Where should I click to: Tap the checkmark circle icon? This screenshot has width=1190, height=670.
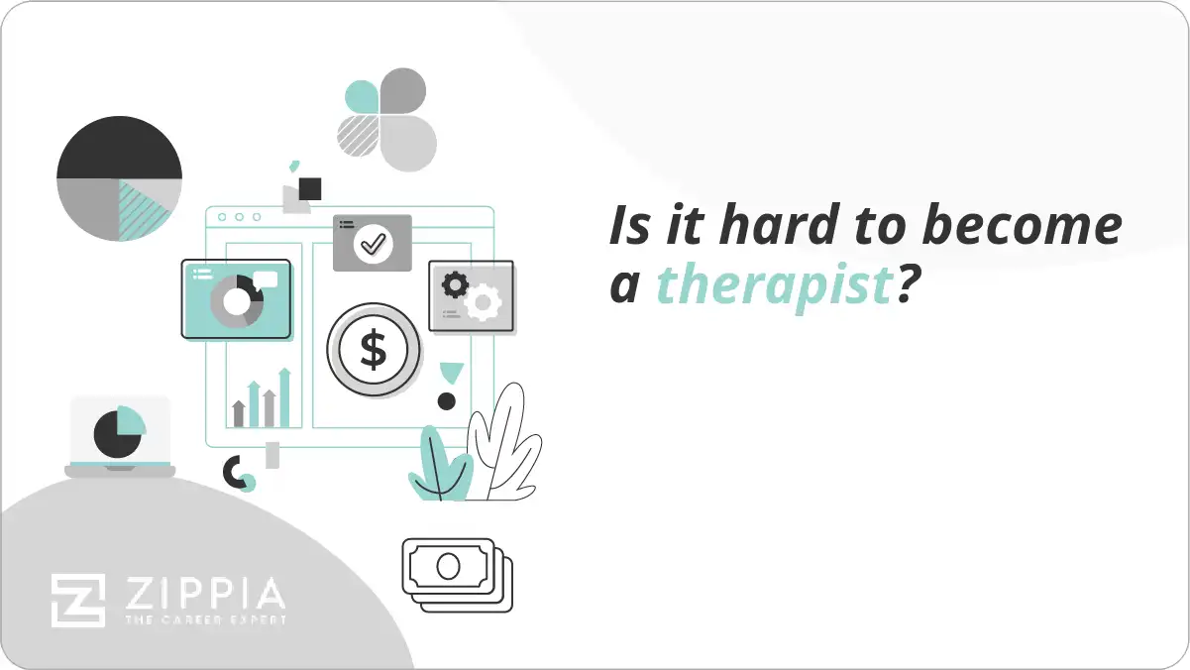tap(373, 243)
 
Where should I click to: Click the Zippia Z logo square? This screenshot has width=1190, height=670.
tap(77, 601)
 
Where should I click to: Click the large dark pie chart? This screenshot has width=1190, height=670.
tap(119, 178)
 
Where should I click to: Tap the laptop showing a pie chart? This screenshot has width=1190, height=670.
tap(120, 437)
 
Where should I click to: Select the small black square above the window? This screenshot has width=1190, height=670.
tap(310, 188)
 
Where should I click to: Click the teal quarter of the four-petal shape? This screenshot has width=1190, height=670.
tap(362, 97)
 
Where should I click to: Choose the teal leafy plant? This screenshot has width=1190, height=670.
tap(440, 466)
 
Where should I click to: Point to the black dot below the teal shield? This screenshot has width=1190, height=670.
tap(447, 401)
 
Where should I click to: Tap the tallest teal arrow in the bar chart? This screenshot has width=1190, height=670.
tap(284, 396)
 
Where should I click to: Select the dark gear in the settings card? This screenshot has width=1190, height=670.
tap(455, 285)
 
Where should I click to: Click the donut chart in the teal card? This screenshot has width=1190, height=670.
tap(236, 300)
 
